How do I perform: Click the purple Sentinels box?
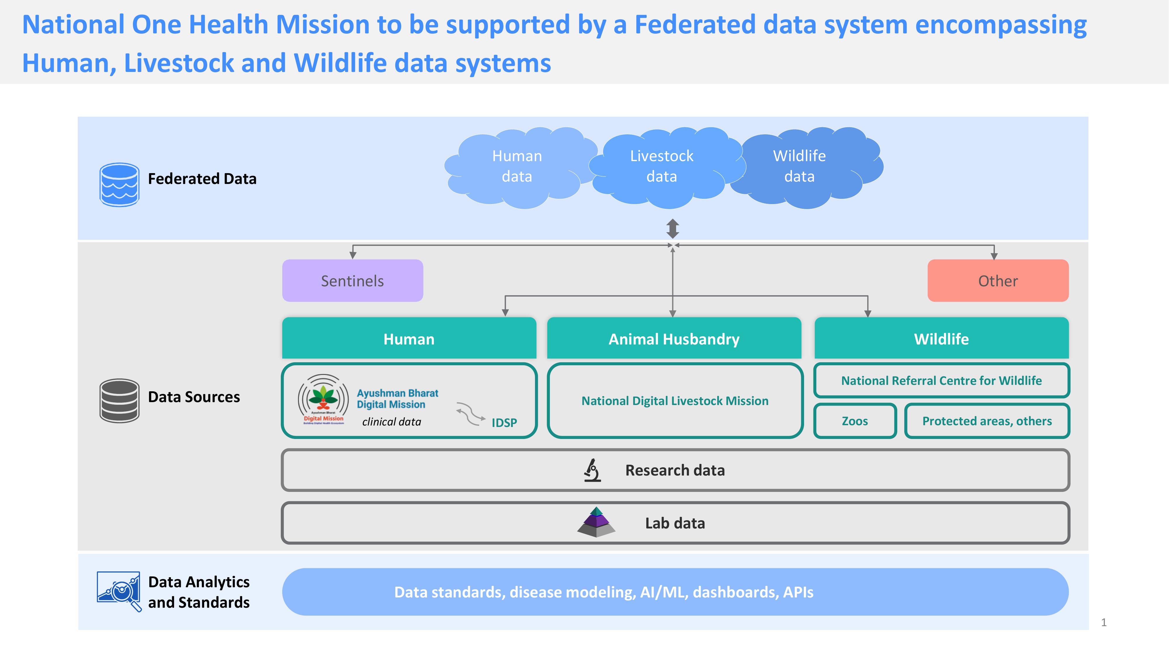[x=353, y=281]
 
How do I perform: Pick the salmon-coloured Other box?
[x=997, y=281]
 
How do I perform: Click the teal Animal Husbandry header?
[x=674, y=339]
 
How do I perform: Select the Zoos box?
[x=855, y=421]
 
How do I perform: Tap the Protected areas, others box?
[x=987, y=421]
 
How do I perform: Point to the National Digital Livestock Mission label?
[x=675, y=401]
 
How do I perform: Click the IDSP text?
[x=504, y=423]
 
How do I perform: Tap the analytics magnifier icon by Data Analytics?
[x=119, y=591]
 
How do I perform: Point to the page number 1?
[x=1104, y=623]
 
